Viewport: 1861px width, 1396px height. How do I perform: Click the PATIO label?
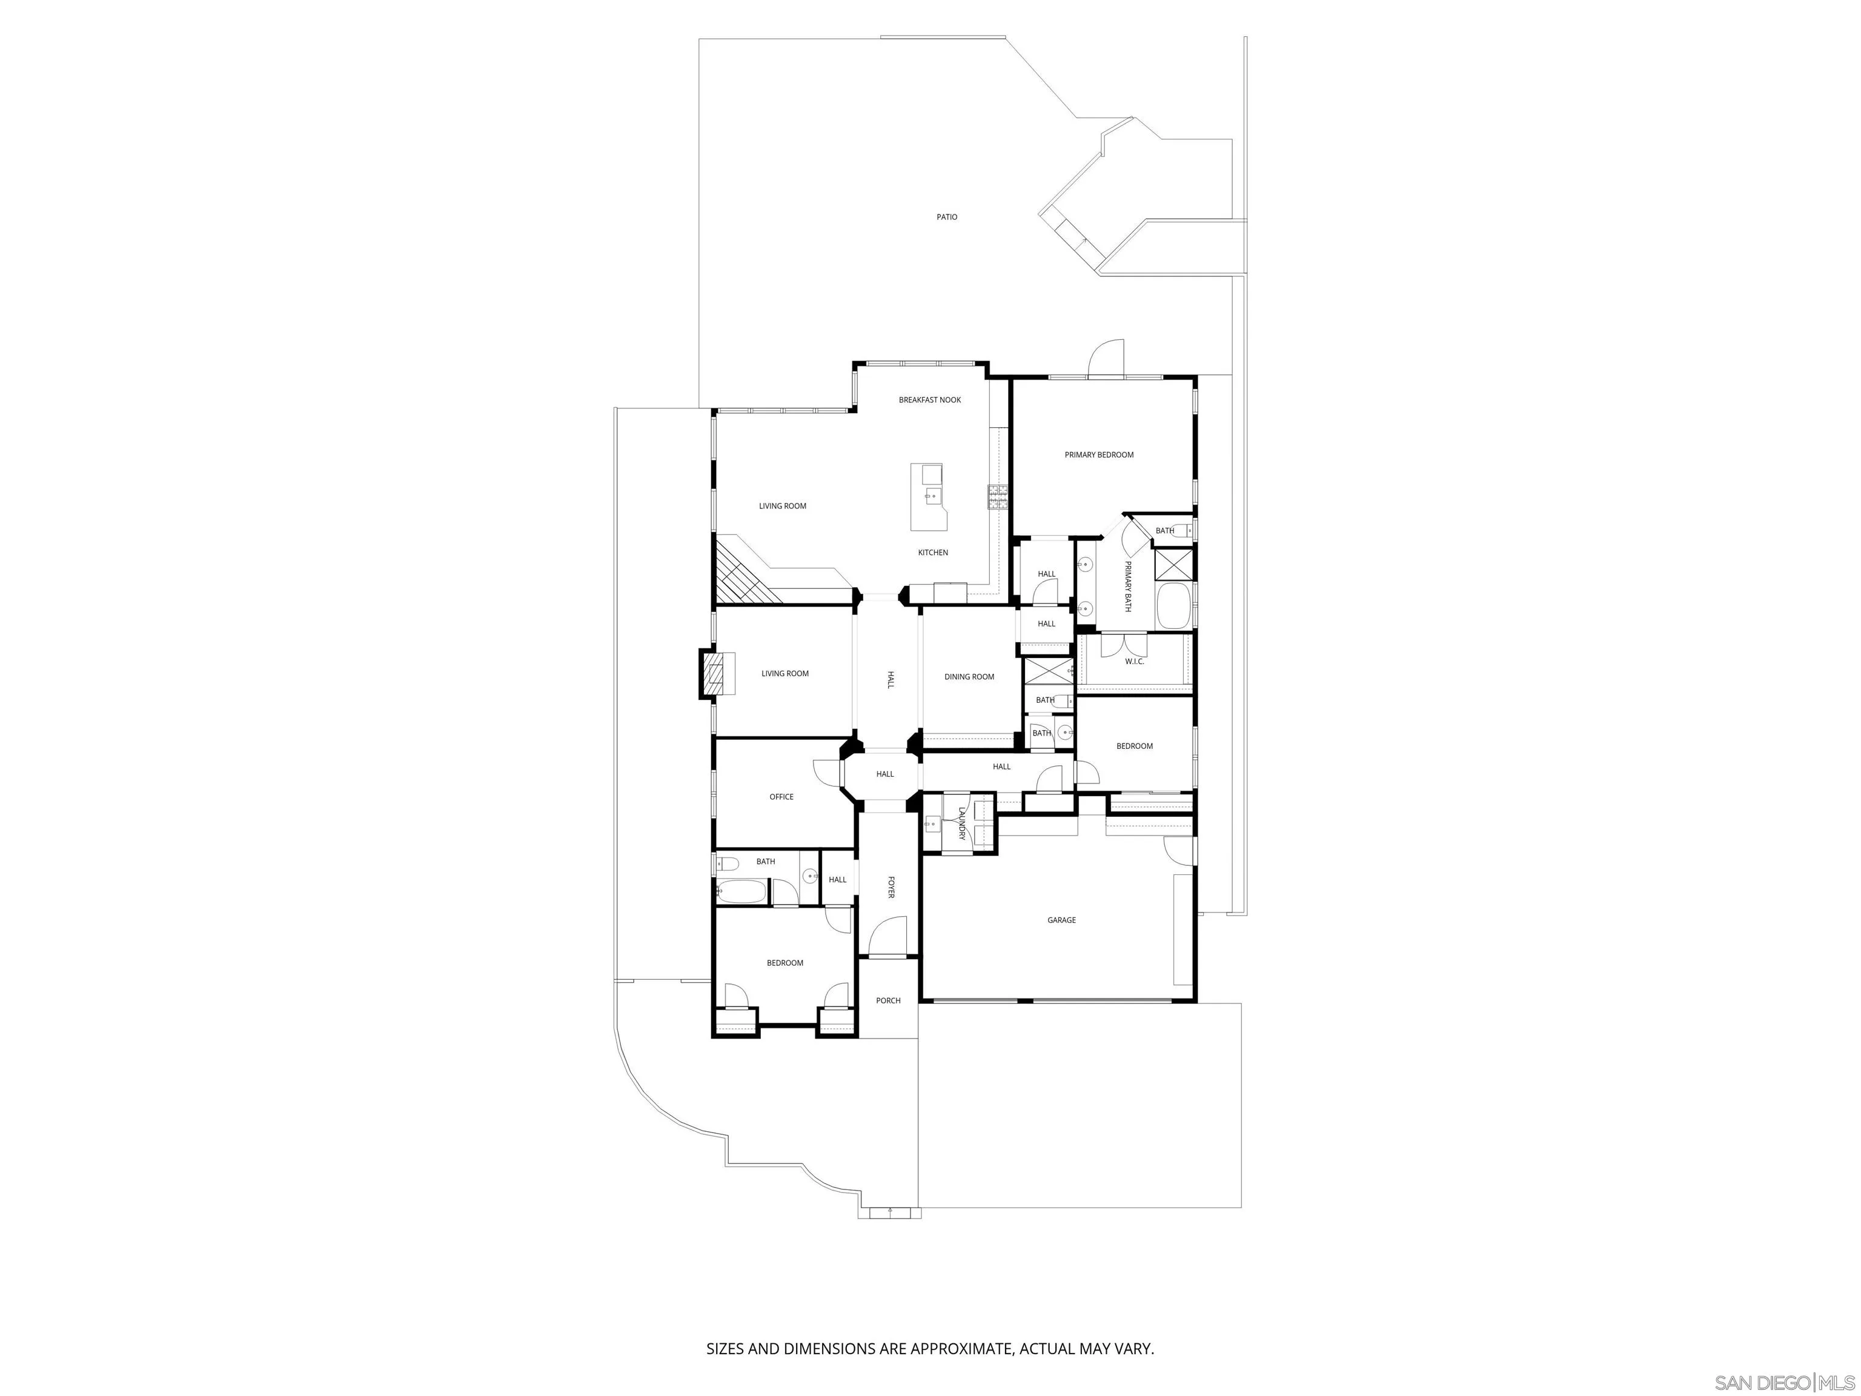pos(946,217)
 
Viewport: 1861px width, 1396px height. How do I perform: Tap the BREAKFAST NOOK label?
pos(930,400)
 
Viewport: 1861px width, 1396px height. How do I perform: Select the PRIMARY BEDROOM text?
pos(1099,454)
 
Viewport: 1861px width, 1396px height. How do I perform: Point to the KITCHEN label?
pos(932,553)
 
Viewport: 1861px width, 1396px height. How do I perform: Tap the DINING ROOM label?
pos(969,677)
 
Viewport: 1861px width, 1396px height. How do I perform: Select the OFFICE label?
pos(781,797)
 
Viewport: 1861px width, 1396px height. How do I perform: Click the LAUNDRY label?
pos(961,823)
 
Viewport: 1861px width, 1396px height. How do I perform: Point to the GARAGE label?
pos(1061,920)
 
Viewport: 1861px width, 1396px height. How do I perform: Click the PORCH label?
pos(887,1000)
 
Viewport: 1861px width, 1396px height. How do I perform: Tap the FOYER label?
pos(890,887)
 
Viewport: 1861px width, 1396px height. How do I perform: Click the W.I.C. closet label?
pos(1134,662)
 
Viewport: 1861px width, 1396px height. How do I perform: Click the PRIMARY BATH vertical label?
pos(1127,586)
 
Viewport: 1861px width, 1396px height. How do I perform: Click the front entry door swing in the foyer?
pos(885,938)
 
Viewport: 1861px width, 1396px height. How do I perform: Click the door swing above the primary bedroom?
pos(1106,360)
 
